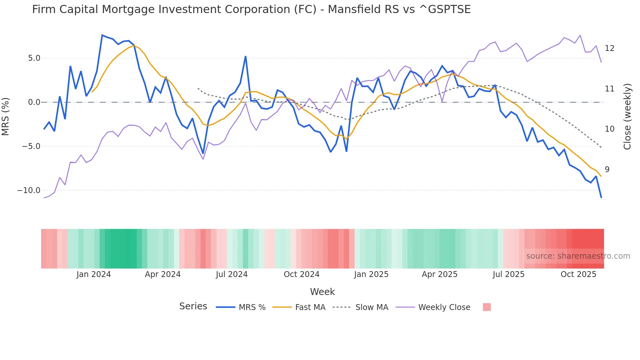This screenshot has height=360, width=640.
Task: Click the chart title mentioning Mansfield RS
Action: click(x=251, y=9)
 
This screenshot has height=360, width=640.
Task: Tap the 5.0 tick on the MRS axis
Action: click(x=34, y=58)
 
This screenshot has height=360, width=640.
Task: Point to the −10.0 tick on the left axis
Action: click(x=29, y=190)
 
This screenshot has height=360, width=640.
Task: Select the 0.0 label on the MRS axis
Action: click(x=34, y=102)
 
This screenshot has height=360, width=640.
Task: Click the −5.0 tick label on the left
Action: click(x=31, y=146)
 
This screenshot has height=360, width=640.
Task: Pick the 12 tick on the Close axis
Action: click(x=609, y=48)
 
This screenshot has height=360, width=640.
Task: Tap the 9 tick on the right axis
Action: click(x=607, y=170)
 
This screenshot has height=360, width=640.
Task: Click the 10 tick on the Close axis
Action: click(x=609, y=129)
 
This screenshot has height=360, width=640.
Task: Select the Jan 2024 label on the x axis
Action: click(x=93, y=274)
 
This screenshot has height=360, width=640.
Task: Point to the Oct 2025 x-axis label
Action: click(x=578, y=274)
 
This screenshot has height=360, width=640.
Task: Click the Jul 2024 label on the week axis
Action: click(x=232, y=274)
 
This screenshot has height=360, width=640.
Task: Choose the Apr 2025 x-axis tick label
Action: click(x=440, y=274)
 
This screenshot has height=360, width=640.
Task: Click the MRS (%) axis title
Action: click(x=6, y=116)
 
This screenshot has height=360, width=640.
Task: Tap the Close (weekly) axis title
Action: click(x=627, y=116)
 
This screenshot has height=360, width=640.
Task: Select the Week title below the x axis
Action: click(x=322, y=292)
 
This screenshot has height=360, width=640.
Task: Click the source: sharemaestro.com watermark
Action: click(x=578, y=256)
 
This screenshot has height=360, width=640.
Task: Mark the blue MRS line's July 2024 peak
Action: click(x=246, y=57)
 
